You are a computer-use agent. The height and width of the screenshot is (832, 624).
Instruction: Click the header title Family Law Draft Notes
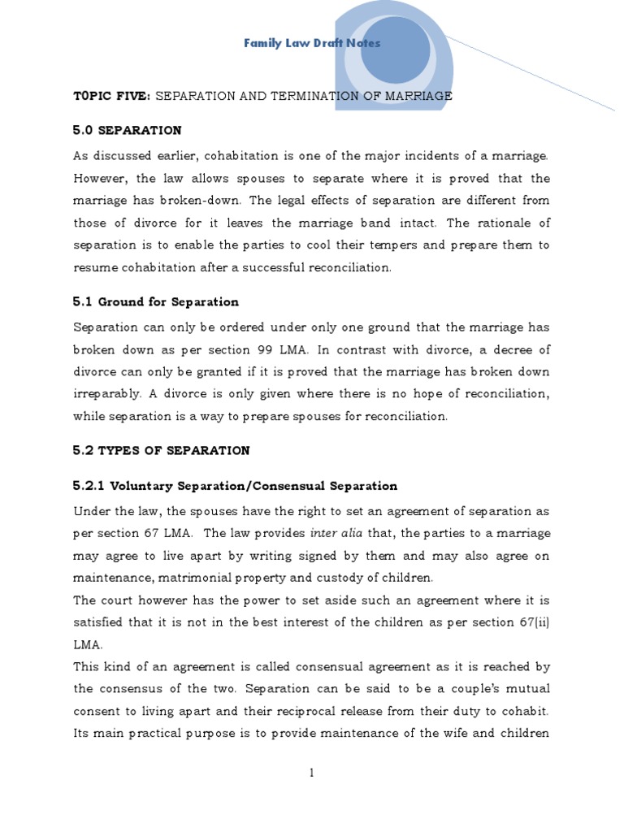(x=312, y=43)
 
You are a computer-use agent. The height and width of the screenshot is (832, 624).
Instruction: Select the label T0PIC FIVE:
(x=111, y=96)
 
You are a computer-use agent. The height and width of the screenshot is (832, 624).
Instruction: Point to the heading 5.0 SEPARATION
(x=128, y=130)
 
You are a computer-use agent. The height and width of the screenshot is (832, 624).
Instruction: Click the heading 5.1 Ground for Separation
(x=156, y=301)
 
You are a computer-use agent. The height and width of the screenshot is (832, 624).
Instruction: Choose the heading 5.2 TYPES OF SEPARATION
(x=162, y=450)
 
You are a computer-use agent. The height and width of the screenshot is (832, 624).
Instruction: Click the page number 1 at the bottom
(x=311, y=773)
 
